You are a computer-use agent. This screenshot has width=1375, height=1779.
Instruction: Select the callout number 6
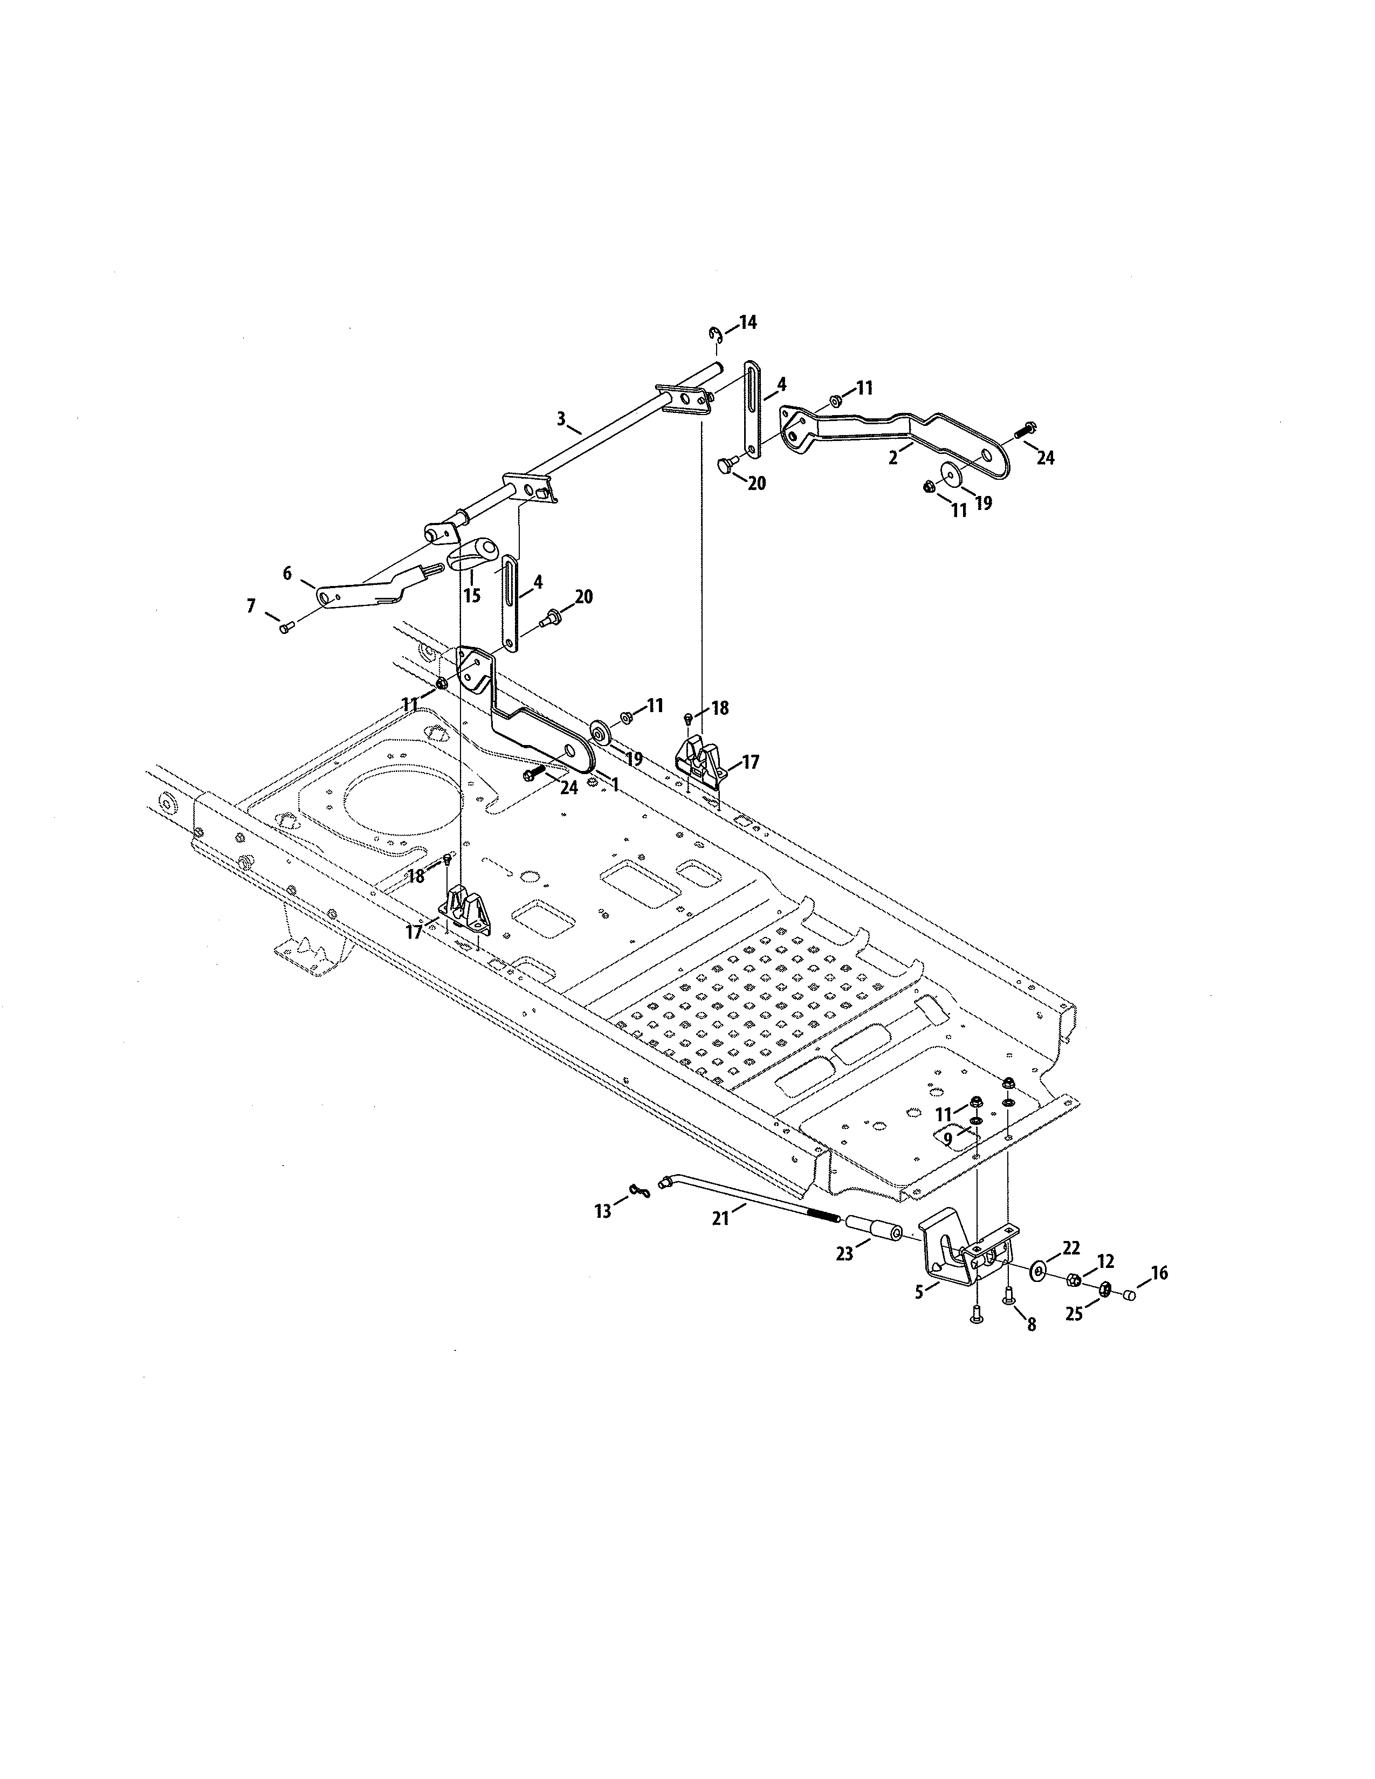tap(287, 574)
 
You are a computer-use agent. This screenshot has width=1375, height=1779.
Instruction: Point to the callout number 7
tap(251, 605)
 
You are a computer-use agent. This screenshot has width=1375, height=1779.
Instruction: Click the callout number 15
tap(472, 596)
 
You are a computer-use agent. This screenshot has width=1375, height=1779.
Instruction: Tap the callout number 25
tap(1075, 1314)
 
